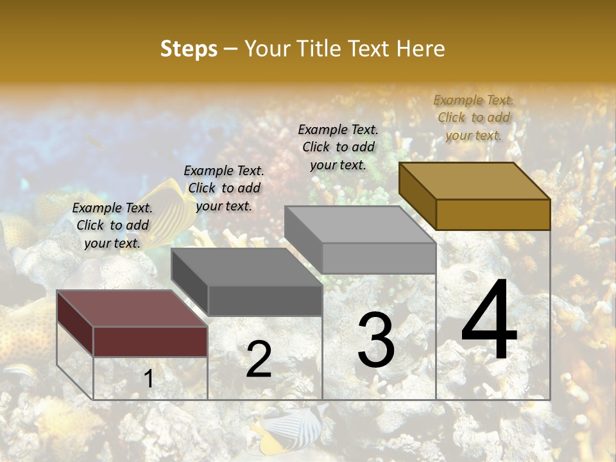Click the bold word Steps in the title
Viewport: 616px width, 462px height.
(x=189, y=49)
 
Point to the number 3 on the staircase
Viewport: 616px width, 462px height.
(x=375, y=340)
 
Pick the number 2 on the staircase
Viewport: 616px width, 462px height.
(x=259, y=359)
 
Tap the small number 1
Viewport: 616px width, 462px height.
(x=148, y=379)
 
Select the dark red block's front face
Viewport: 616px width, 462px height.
(x=150, y=341)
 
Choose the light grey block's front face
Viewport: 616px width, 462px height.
(x=379, y=258)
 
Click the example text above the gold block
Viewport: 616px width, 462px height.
(x=474, y=117)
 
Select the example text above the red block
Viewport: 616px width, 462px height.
(x=112, y=225)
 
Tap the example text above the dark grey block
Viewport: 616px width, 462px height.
(x=224, y=188)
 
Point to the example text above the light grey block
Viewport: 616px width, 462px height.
(x=338, y=147)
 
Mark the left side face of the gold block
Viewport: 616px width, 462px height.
(x=417, y=196)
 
